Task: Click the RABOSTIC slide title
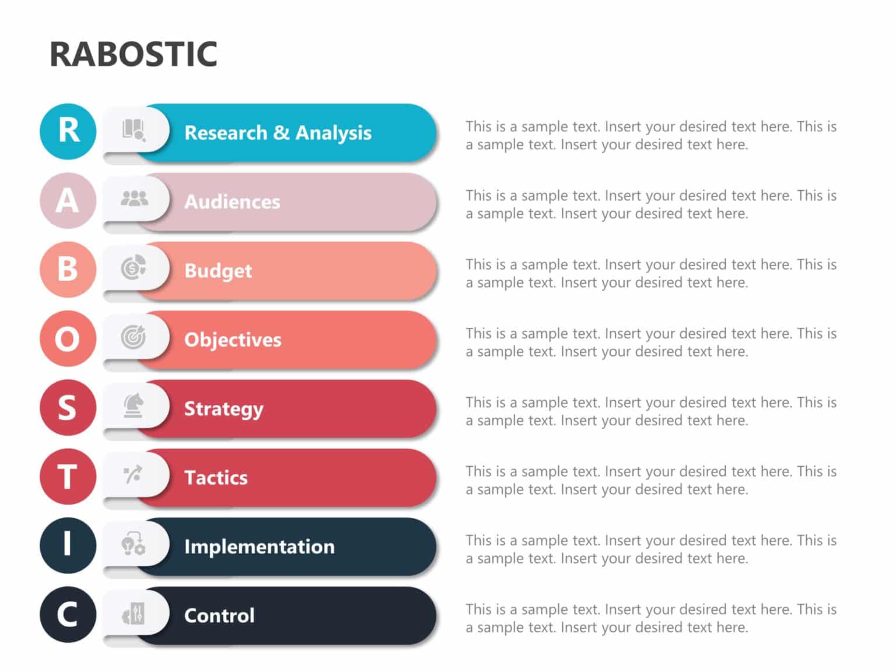point(134,54)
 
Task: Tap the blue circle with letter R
point(68,131)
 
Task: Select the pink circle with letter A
point(68,200)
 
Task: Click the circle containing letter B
point(68,269)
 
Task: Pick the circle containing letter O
point(68,338)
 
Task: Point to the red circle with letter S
point(68,407)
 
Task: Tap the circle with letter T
point(68,476)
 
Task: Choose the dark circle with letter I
point(68,545)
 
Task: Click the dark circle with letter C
point(68,614)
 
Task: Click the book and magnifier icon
point(134,130)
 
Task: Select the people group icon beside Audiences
point(134,199)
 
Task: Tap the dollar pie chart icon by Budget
point(134,268)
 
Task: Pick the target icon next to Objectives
point(134,337)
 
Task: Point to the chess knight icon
point(134,405)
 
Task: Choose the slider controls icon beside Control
point(134,614)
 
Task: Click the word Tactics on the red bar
point(216,478)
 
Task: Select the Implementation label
point(260,547)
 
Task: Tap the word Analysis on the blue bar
point(333,133)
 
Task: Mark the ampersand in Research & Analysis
point(281,132)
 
